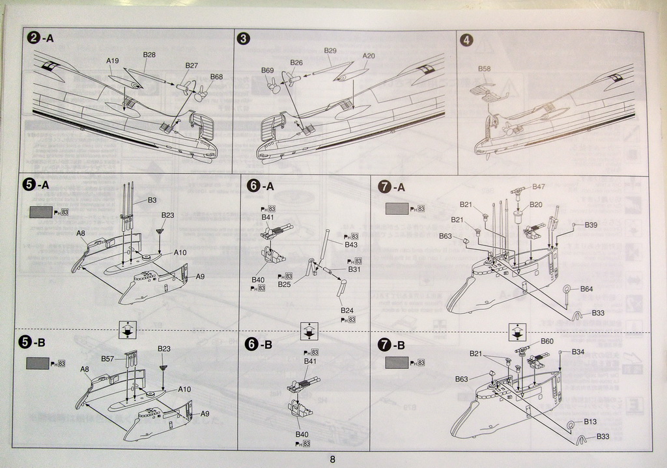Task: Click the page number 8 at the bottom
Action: [332, 459]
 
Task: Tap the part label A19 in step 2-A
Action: [113, 61]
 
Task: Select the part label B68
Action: [216, 76]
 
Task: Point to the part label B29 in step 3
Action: [330, 50]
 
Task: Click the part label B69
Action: [268, 70]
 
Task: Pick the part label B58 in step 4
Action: [485, 68]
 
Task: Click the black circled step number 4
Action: [466, 40]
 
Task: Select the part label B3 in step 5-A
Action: [152, 200]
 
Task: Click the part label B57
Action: [107, 359]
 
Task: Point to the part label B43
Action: [352, 245]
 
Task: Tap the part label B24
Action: [347, 310]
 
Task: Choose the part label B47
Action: [539, 186]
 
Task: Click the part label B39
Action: [591, 225]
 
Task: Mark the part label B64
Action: [586, 288]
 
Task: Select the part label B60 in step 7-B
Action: [547, 341]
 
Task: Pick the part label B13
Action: [590, 421]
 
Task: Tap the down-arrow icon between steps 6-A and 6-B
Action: [309, 331]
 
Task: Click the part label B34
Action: [578, 351]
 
